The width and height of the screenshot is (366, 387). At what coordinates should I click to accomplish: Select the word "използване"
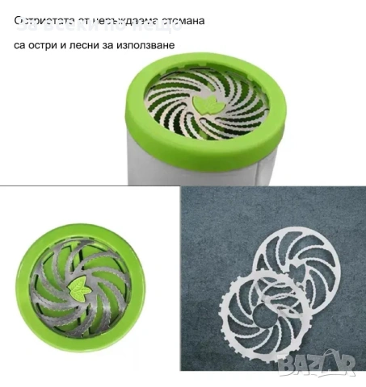145,45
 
